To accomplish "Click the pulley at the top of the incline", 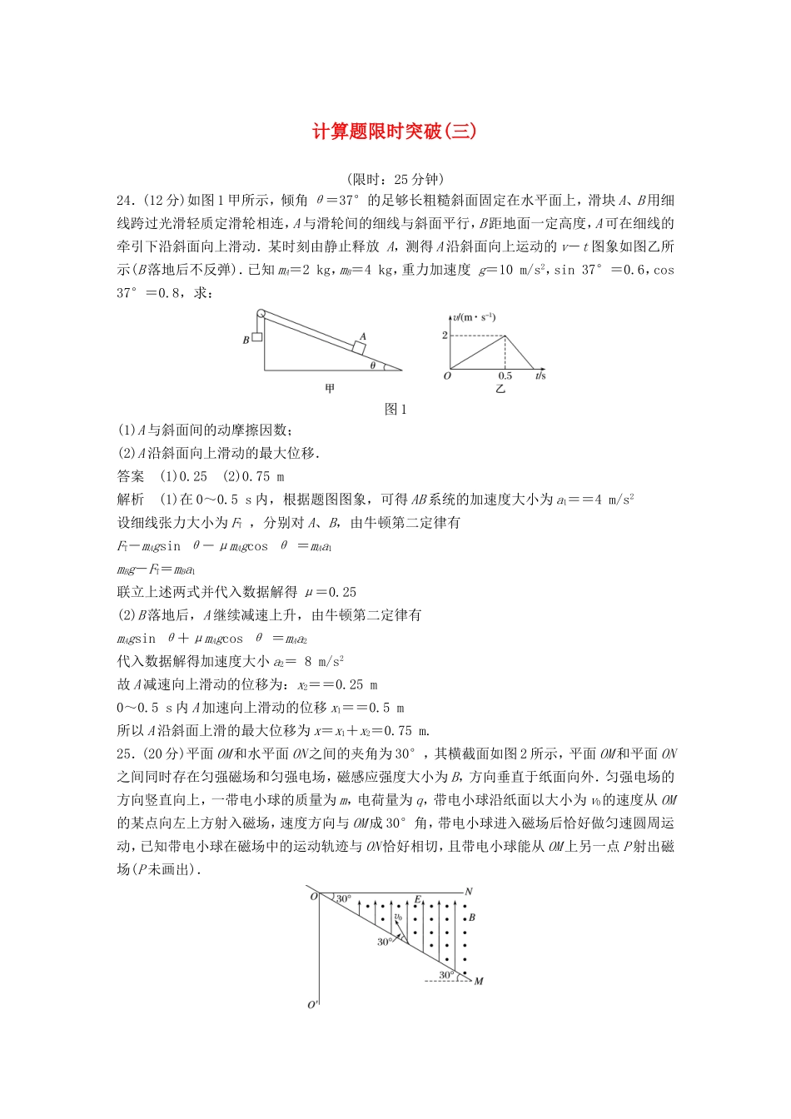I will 261,315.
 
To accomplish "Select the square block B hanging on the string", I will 257,337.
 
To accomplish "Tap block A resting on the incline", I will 360,347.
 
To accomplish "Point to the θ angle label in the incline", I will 373,366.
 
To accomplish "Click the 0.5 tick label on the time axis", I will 505,376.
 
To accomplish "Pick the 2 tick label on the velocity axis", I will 445,336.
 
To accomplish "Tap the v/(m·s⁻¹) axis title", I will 475,317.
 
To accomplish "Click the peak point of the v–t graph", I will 505,336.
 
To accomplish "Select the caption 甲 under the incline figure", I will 330,389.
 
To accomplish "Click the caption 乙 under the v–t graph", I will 500,389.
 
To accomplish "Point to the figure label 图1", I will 395,409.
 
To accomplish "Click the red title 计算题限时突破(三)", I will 395,132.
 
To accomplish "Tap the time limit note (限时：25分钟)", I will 395,179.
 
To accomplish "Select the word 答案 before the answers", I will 131,476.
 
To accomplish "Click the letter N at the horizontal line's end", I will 469,892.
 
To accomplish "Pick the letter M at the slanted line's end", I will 479,981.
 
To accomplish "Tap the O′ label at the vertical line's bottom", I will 313,1005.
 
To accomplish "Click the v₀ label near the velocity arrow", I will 398,917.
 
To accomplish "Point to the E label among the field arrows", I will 417,900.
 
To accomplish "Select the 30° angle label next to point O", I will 344,899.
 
